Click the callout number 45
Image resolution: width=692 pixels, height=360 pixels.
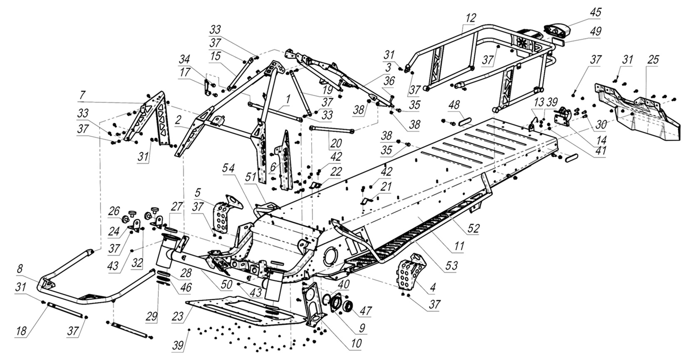click(595, 12)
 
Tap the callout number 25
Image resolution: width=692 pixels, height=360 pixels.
click(653, 60)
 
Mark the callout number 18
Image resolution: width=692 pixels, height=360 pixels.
click(21, 331)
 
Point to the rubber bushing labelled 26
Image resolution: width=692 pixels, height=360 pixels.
click(124, 219)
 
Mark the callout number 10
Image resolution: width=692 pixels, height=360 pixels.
click(356, 344)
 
